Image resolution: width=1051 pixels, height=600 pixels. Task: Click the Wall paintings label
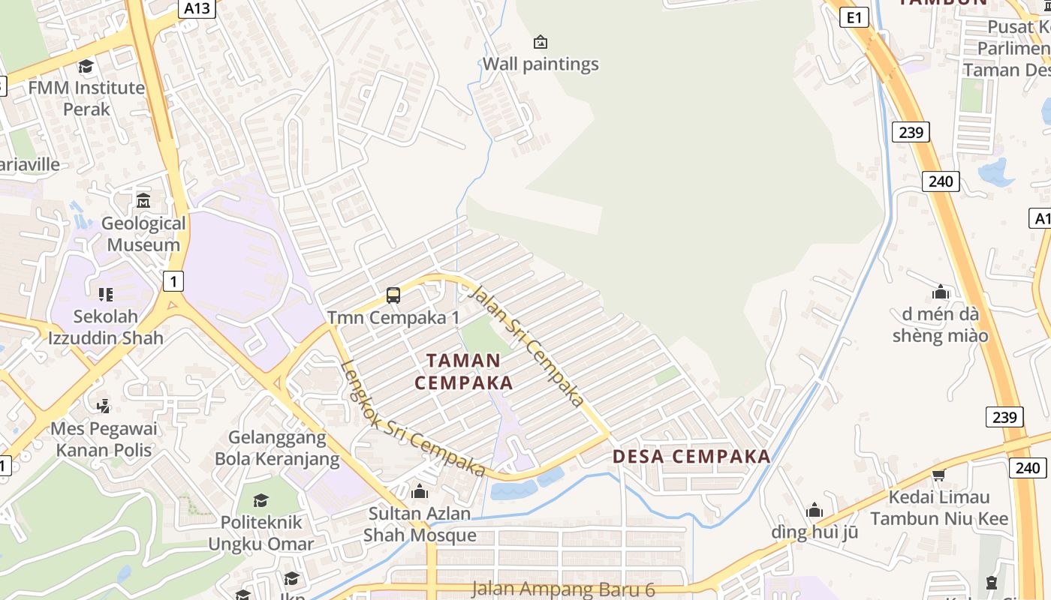tap(541, 64)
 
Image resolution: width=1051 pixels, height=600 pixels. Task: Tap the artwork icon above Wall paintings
tap(540, 42)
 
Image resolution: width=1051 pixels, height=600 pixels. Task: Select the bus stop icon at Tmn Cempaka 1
tap(393, 295)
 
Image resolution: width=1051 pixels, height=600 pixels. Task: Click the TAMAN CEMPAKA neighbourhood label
tap(464, 371)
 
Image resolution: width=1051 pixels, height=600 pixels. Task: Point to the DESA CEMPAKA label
tap(691, 456)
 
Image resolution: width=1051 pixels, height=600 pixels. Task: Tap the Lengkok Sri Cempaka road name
tap(413, 419)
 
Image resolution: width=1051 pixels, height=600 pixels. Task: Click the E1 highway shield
tap(854, 17)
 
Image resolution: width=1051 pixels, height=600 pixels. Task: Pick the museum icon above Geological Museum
tap(143, 201)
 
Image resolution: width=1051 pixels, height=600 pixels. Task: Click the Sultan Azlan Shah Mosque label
tap(420, 524)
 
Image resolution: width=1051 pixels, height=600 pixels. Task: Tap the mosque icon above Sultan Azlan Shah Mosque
tap(420, 492)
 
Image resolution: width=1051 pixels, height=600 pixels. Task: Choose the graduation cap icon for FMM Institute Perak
tap(86, 67)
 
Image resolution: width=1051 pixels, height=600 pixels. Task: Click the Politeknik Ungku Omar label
tap(261, 532)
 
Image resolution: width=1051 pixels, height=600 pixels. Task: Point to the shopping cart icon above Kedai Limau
tap(938, 475)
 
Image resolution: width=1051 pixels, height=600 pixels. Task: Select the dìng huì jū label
tap(815, 532)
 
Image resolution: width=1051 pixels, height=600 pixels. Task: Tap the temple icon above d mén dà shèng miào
tap(940, 292)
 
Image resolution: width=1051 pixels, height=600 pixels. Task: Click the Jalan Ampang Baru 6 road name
tap(563, 589)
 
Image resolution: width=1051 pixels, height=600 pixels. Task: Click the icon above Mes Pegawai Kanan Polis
tap(104, 406)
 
